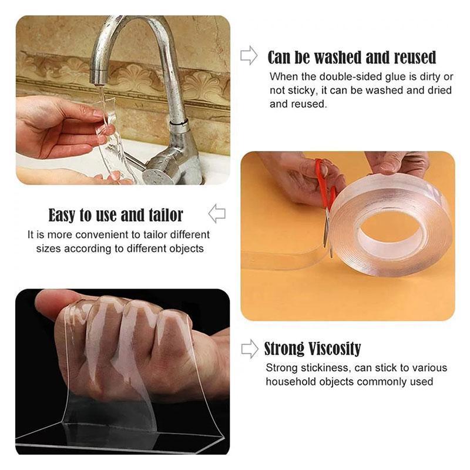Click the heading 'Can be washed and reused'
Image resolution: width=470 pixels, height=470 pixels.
click(352, 58)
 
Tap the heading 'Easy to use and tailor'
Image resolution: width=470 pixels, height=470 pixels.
click(116, 215)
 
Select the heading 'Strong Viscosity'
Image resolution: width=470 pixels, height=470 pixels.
click(312, 349)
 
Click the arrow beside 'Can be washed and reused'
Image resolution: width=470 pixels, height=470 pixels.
click(249, 56)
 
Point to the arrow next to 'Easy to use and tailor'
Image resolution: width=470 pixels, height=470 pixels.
click(217, 213)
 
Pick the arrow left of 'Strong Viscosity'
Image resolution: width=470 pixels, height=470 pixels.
click(250, 348)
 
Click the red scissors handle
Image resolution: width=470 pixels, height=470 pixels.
click(323, 176)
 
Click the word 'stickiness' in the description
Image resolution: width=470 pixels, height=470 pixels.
click(320, 368)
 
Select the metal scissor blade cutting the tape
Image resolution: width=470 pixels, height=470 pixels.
click(327, 226)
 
